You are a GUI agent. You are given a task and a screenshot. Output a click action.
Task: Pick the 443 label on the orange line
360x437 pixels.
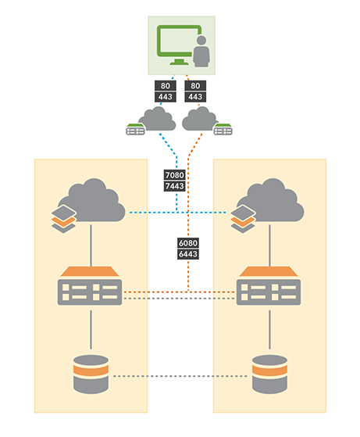[195, 97]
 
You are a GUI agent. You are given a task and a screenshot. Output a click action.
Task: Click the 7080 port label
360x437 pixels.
[175, 176]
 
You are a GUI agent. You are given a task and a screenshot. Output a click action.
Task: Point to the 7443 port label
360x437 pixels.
[175, 188]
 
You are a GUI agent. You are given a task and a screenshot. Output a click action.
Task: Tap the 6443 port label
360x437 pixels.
[190, 255]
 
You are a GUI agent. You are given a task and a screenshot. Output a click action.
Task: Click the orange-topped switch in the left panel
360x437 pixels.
[91, 286]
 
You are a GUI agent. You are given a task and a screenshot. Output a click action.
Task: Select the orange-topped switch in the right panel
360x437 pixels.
[269, 286]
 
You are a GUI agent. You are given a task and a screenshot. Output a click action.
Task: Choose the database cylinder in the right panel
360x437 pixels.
[269, 374]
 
